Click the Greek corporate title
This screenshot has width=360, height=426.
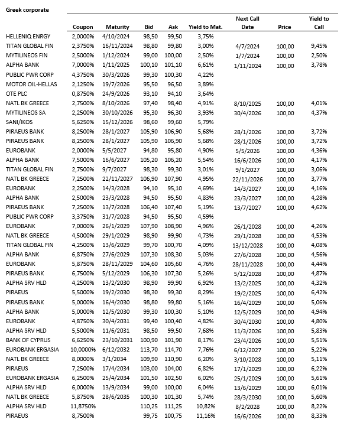[x=27, y=10]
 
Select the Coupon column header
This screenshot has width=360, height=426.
[x=83, y=27]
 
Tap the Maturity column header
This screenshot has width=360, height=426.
[x=117, y=27]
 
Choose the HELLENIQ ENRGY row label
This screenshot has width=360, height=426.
[x=28, y=37]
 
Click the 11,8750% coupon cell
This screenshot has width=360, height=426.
[x=82, y=407]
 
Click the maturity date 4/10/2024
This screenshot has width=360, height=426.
[x=117, y=37]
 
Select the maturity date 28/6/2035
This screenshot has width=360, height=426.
[x=117, y=398]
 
